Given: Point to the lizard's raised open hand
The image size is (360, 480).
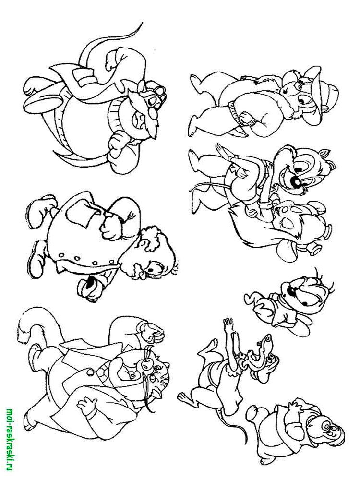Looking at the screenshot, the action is [228, 325].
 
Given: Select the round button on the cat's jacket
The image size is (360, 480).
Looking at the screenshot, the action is [90, 373].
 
